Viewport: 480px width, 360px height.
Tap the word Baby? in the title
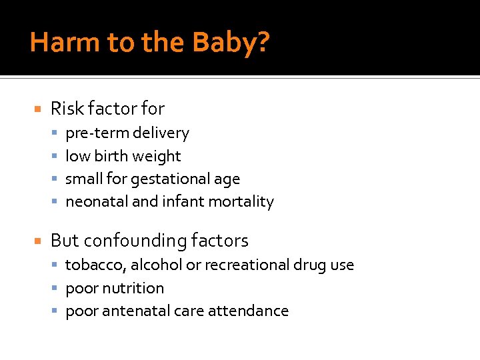point(232,43)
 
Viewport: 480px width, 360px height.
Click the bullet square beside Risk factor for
point(38,109)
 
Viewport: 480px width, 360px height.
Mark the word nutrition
point(133,288)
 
